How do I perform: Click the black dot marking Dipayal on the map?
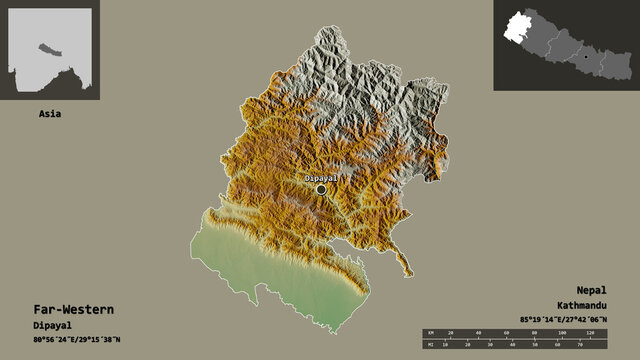pos(321,189)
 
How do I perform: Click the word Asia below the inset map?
pos(49,113)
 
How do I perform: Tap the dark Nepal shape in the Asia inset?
pos(45,47)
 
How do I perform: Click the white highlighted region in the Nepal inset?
pos(517,27)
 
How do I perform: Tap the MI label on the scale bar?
pos(429,346)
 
